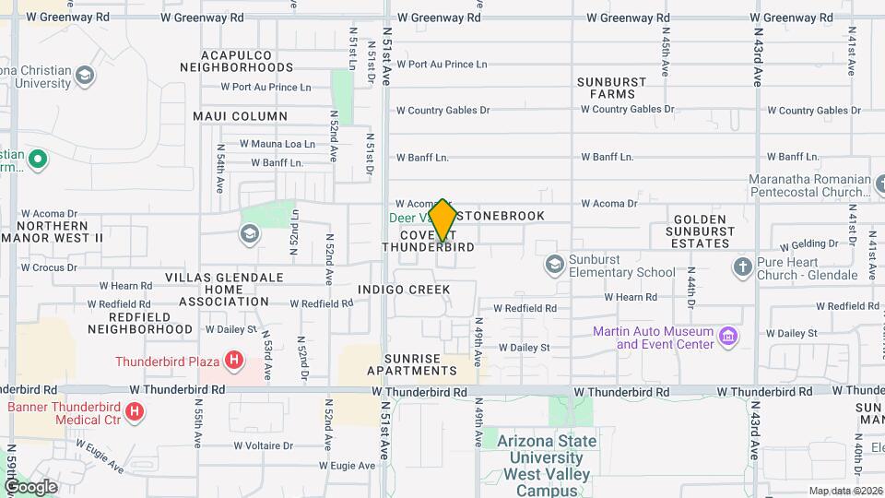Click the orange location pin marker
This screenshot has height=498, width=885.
click(x=442, y=220)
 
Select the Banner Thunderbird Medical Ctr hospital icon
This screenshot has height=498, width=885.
click(x=136, y=409)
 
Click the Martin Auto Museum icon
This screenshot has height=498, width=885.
click(x=728, y=336)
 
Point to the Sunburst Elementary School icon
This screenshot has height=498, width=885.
click(x=553, y=266)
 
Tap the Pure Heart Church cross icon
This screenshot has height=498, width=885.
click(x=743, y=267)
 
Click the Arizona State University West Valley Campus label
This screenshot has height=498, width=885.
click(x=547, y=457)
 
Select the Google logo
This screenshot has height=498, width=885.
click(x=30, y=486)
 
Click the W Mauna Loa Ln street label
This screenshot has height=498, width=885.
click(x=277, y=144)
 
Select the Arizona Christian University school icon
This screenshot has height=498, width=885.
click(x=86, y=75)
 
